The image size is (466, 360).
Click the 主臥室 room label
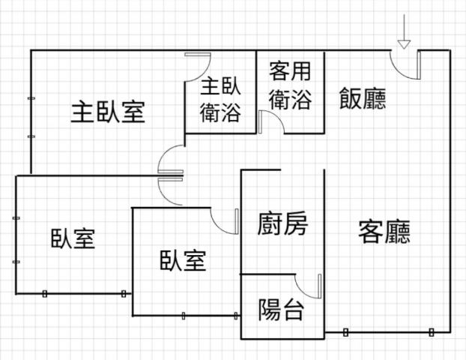coord(108,112)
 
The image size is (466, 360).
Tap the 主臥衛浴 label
coord(220,100)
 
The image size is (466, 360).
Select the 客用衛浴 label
coord(289,85)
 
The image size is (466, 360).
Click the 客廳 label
coord(384,232)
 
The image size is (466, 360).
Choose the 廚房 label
coord(282,223)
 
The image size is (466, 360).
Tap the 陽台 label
coord(281,309)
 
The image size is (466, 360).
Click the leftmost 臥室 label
coord(73,238)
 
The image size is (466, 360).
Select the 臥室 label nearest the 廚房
coord(182,260)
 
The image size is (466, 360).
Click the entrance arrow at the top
coord(404,33)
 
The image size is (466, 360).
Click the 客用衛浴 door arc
coord(270,121)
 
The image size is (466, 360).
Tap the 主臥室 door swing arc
coord(169,160)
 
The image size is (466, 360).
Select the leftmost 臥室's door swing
coord(170,192)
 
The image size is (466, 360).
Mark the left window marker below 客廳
coord(345,331)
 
